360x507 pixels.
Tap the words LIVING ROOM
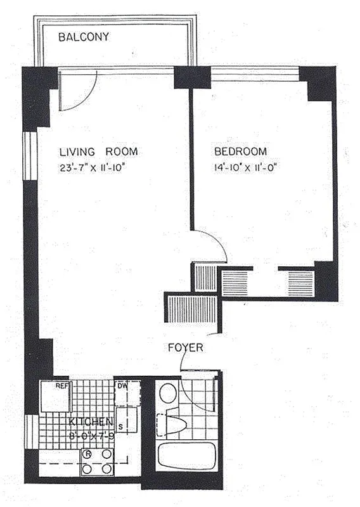tap(98, 152)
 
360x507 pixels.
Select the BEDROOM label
tap(240, 152)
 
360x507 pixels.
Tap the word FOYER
tap(185, 347)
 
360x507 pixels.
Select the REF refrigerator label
tap(61, 385)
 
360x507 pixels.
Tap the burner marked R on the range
tap(87, 454)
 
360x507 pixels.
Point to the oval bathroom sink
tap(167, 392)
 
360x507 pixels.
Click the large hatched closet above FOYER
tap(191, 309)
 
